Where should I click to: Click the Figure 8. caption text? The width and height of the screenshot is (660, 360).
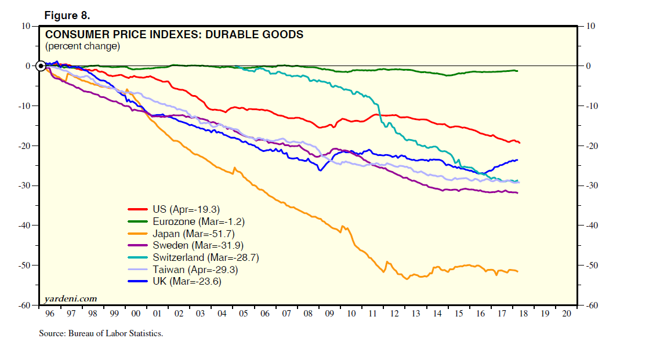[x=67, y=15]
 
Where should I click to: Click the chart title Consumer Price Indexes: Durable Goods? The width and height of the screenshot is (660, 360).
[x=174, y=35]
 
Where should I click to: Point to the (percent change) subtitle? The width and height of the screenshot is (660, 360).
[x=82, y=46]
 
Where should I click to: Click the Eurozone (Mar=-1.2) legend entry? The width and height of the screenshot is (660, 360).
[x=194, y=221]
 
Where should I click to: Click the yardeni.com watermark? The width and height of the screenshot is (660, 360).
[x=71, y=299]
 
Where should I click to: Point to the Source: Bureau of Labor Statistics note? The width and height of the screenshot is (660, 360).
[x=101, y=333]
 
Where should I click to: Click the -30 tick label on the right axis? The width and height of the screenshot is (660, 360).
[x=592, y=186]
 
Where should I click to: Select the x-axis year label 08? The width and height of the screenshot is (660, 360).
[x=308, y=313]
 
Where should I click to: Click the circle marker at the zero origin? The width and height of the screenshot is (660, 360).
[x=41, y=66]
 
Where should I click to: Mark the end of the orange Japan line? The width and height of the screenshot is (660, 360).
[x=517, y=271]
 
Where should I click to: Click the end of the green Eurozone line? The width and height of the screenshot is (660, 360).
[x=517, y=71]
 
